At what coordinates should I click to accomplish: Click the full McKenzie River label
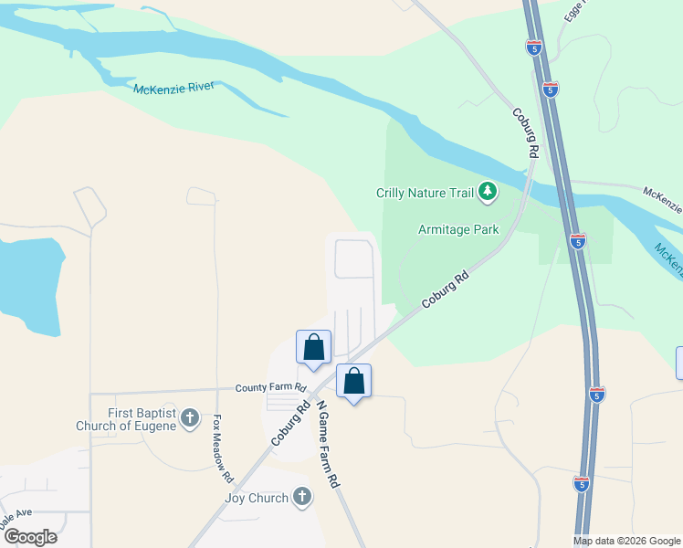(x=173, y=88)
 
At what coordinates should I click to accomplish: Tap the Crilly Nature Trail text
(x=426, y=193)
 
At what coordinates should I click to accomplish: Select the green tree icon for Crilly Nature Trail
(x=489, y=191)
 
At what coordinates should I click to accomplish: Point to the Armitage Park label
(x=458, y=229)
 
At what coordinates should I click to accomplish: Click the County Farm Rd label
(x=269, y=388)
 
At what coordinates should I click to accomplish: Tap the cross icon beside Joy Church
(x=302, y=498)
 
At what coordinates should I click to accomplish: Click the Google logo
(x=30, y=537)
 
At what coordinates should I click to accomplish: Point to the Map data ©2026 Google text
(x=626, y=541)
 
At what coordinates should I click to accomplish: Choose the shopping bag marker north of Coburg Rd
(x=313, y=347)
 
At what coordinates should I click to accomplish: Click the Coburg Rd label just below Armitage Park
(x=445, y=289)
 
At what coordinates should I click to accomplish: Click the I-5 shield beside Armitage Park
(x=577, y=241)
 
